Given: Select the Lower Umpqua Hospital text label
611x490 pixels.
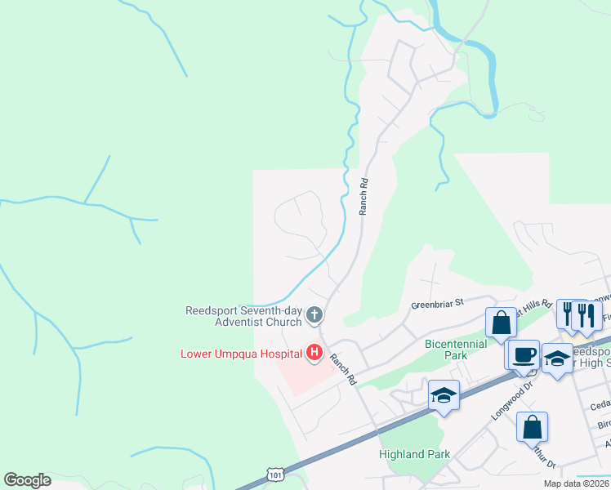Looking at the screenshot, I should [241, 354].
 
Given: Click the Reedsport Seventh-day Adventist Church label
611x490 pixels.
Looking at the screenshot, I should [243, 315].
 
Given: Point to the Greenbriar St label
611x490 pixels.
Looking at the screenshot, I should [437, 302].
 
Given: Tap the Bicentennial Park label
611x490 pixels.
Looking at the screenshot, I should [457, 350].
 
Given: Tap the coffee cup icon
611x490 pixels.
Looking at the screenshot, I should [523, 354].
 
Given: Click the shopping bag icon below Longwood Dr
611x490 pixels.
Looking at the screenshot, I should [532, 426].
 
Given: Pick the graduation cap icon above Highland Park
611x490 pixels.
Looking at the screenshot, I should [444, 395].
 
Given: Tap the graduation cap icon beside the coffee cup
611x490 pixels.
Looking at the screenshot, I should [557, 359].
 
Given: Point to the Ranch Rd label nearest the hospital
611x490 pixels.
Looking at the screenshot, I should [344, 367].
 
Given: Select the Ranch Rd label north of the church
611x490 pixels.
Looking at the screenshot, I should [364, 197].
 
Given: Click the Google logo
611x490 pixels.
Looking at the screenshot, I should [27, 480].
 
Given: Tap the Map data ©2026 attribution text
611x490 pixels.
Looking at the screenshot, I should [578, 483].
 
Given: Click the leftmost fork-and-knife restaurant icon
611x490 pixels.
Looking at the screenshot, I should [569, 314].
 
